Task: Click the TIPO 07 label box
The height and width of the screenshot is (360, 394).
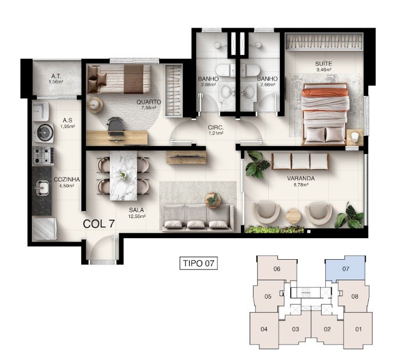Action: point(198,263)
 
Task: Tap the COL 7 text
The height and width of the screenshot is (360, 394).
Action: point(99,224)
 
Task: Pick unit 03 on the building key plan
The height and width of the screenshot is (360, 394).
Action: point(295,329)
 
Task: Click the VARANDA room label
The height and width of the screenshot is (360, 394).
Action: point(301,178)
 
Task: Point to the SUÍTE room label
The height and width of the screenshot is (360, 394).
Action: point(324,64)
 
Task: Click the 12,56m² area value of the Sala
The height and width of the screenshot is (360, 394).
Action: point(137,216)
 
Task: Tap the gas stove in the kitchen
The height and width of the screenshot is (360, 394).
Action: point(43,156)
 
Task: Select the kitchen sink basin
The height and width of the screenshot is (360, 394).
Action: point(42,187)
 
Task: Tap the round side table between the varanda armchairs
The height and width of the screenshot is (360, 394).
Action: point(293,217)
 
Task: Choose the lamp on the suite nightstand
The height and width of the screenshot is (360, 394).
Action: point(354,138)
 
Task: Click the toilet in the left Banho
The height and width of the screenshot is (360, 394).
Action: point(226,70)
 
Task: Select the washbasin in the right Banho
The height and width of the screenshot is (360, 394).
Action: point(249,92)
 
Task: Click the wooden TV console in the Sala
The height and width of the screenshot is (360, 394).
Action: point(186,157)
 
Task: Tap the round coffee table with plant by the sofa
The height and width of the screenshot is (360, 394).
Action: point(213,201)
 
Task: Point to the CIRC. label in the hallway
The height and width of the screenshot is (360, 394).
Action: point(216,128)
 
